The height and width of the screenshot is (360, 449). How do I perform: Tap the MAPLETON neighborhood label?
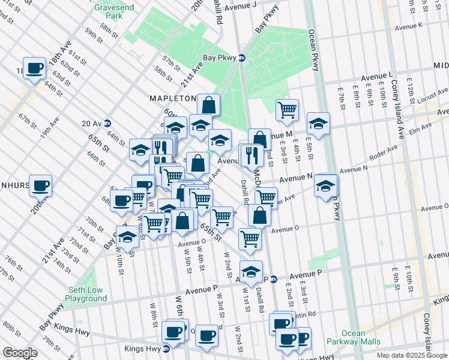tap(173, 98)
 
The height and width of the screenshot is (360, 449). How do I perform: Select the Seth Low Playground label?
tap(86, 294)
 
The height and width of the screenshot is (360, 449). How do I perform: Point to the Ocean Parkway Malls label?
tap(361, 337)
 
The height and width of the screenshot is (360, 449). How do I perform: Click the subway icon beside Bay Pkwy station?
tap(241, 58)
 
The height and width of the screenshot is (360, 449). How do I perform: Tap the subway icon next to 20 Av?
tap(107, 124)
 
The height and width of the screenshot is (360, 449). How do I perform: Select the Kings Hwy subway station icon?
tap(166, 348)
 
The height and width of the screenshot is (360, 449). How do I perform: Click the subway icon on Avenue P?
tap(273, 279)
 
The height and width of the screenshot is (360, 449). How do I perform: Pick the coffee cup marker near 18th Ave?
tap(35, 68)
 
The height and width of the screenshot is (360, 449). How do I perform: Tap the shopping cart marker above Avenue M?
tap(288, 110)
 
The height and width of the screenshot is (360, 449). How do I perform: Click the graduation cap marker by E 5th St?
tap(318, 124)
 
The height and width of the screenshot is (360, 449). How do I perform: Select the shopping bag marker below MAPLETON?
tap(208, 105)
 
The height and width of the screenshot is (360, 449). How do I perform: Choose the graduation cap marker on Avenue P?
tap(252, 271)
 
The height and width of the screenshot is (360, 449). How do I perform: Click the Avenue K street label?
tap(408, 25)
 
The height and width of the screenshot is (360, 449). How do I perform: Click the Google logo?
tap(20, 353)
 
